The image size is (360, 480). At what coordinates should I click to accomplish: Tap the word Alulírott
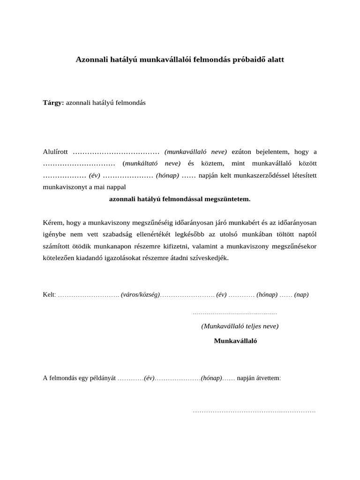(56, 152)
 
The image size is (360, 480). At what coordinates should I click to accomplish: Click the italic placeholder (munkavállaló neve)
(195, 152)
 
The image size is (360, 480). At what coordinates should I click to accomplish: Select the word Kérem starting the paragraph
(53, 222)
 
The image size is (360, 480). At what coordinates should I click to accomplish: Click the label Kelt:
(49, 295)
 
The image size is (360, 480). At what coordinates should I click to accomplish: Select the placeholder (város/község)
(140, 295)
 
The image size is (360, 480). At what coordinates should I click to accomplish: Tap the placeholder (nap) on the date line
(301, 295)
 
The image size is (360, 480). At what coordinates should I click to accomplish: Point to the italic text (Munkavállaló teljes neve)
(240, 326)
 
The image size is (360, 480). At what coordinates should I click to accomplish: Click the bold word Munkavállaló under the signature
(235, 341)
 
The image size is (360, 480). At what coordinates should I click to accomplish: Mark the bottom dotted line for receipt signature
(254, 412)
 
